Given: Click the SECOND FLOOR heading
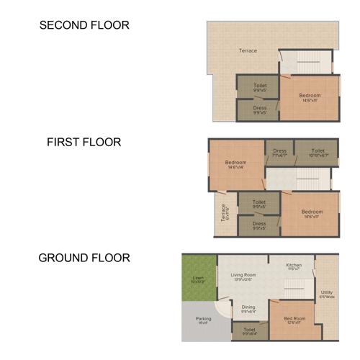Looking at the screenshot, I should (x=84, y=25).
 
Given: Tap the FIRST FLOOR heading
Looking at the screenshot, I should (x=84, y=142).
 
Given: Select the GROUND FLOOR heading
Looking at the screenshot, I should (x=84, y=258).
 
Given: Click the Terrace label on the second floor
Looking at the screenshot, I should (x=248, y=50).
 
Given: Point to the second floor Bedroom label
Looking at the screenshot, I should (x=310, y=96).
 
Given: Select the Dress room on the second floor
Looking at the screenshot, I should (x=259, y=109).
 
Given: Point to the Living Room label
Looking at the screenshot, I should (x=243, y=276).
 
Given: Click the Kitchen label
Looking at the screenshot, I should (x=293, y=266).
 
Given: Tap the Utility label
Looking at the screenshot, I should (x=326, y=293).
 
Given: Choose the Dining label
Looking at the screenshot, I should (x=248, y=308).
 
